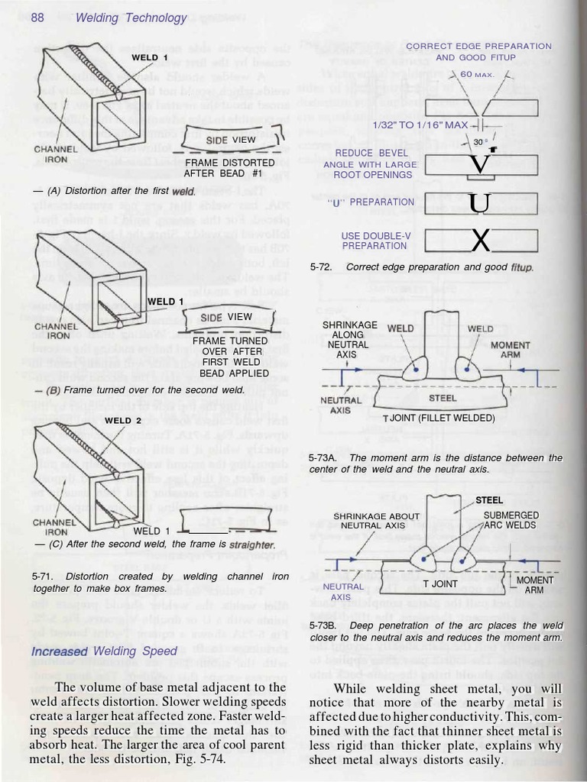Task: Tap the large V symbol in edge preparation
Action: click(x=480, y=163)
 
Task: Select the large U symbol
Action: click(x=480, y=203)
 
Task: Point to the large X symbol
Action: click(x=480, y=240)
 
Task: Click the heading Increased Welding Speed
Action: click(x=104, y=651)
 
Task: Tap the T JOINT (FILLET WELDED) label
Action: click(x=439, y=418)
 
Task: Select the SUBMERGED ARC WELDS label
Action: click(x=510, y=520)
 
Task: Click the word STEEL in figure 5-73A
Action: click(x=443, y=398)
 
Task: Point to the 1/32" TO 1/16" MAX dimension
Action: click(x=420, y=124)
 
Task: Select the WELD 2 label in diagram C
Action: click(x=123, y=420)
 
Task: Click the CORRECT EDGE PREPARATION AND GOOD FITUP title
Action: click(x=478, y=51)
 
